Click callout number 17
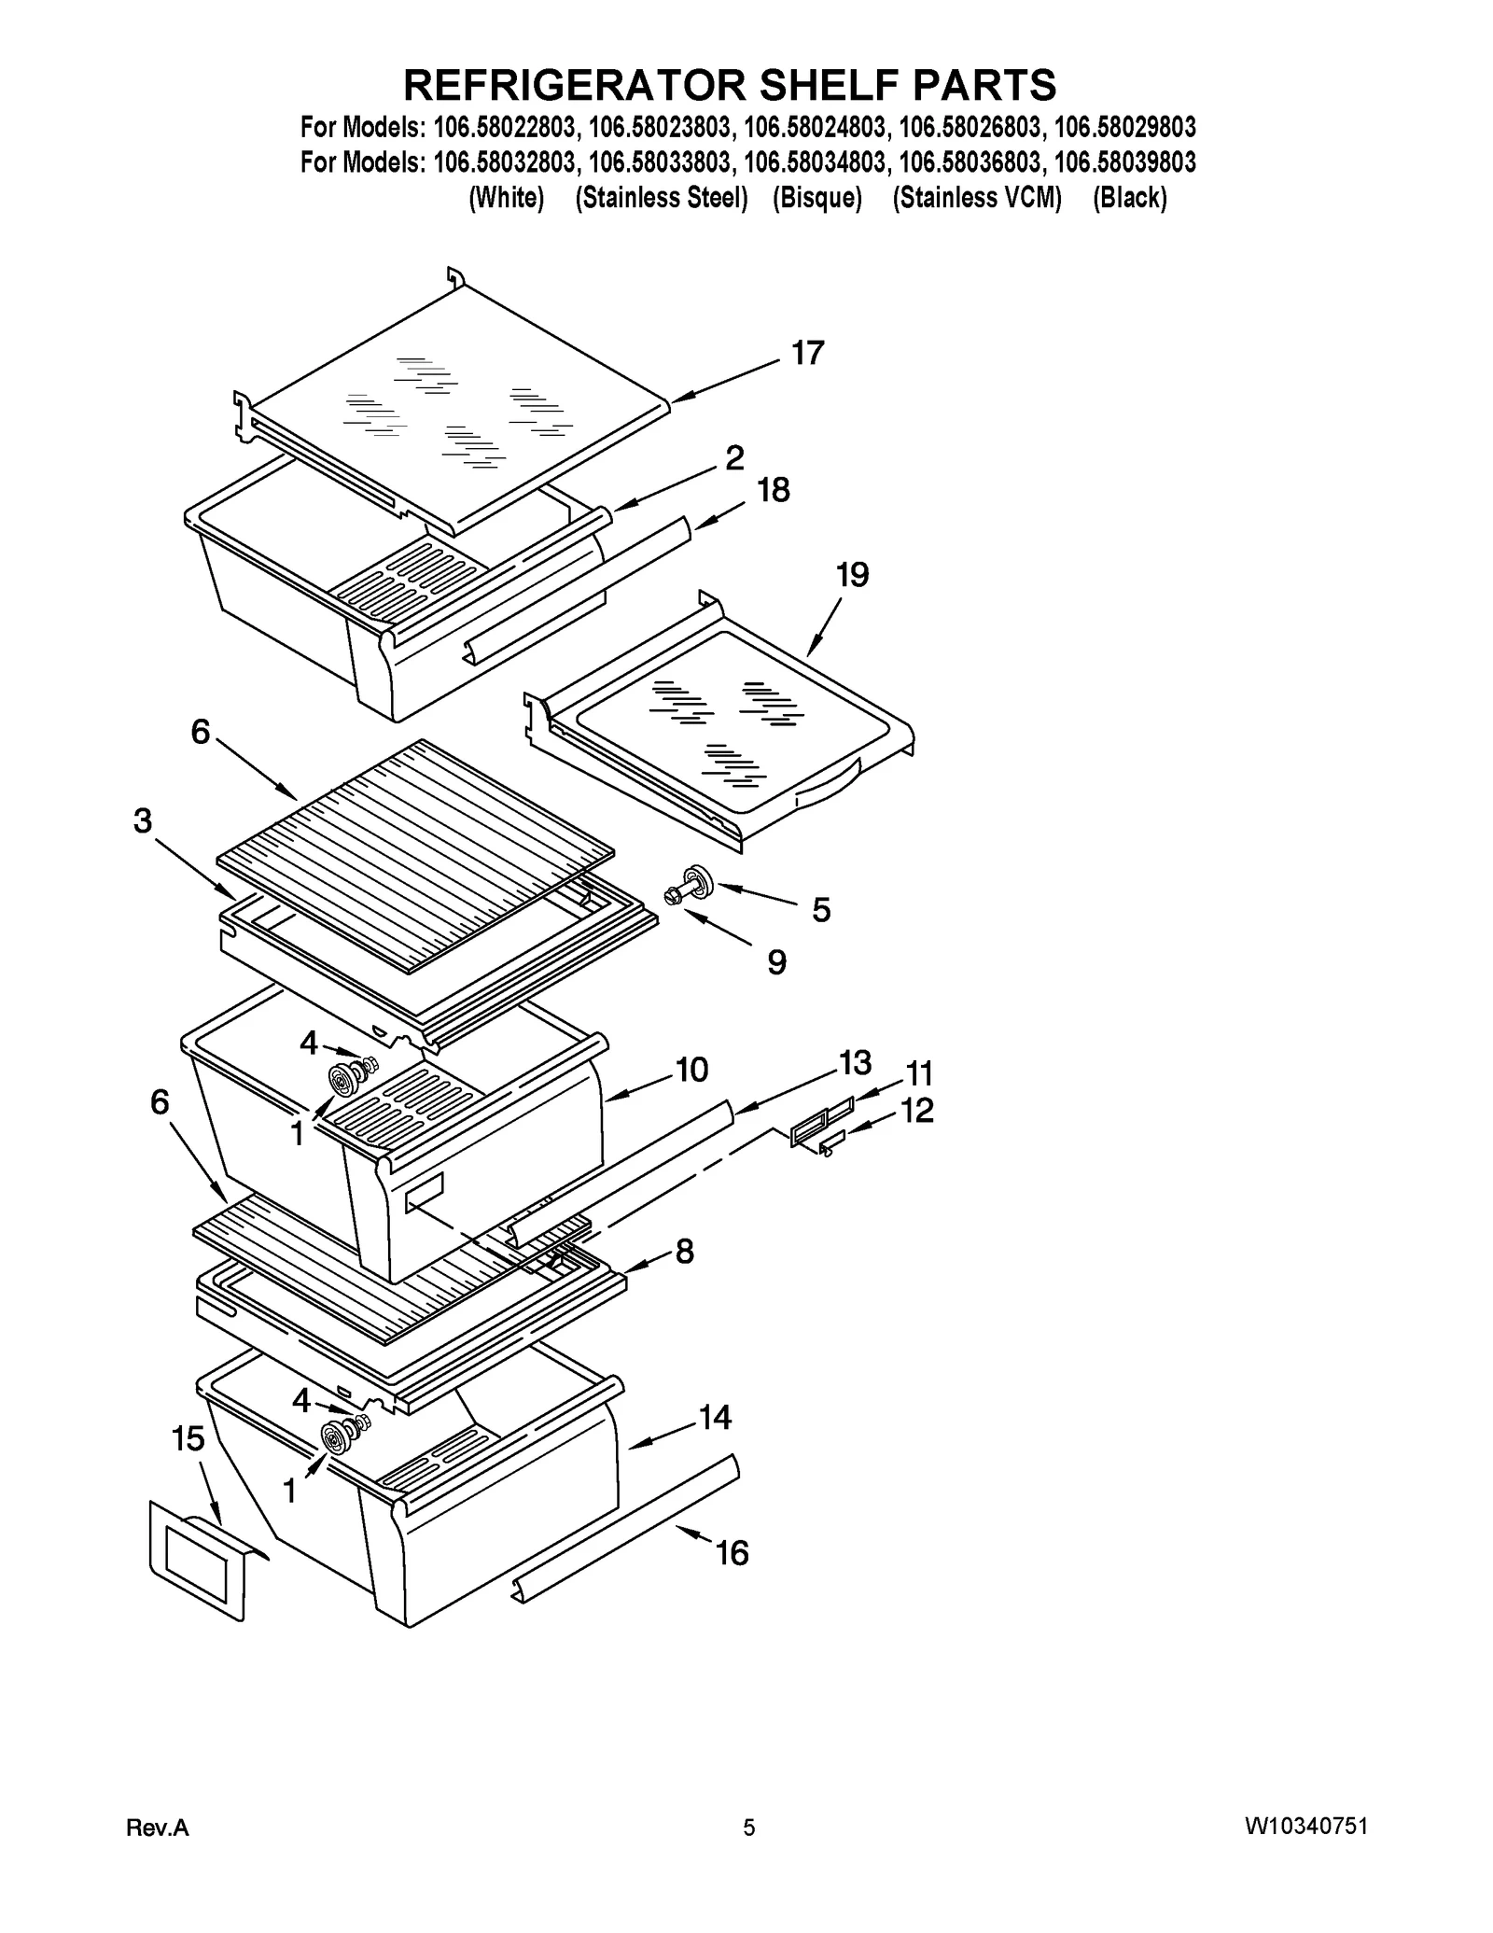coord(807,353)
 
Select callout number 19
coord(852,575)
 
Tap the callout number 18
coord(774,490)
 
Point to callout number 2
coord(734,457)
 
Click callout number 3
coord(142,820)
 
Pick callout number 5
coord(821,910)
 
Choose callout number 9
coord(776,961)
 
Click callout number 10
coord(691,1070)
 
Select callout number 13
coord(855,1062)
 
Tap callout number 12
coord(917,1111)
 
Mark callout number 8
coord(685,1252)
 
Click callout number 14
coord(715,1418)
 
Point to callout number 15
coord(188,1439)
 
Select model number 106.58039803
coord(1124,162)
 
